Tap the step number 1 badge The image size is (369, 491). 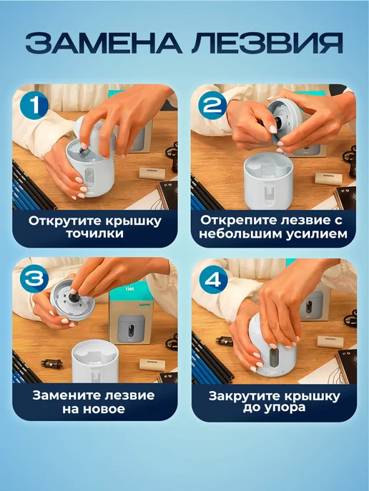point(34,105)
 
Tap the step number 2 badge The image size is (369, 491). point(212,105)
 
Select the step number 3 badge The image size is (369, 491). point(34,279)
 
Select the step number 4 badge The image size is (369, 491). point(213,280)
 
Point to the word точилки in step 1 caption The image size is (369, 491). point(95,234)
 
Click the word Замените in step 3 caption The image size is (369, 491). point(66,395)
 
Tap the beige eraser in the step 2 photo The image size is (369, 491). point(329,178)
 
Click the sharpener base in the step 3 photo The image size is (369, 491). point(95,363)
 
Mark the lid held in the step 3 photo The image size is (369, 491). point(72,300)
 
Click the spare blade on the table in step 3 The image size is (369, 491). point(51,363)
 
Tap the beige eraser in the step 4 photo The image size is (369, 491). point(330,341)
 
